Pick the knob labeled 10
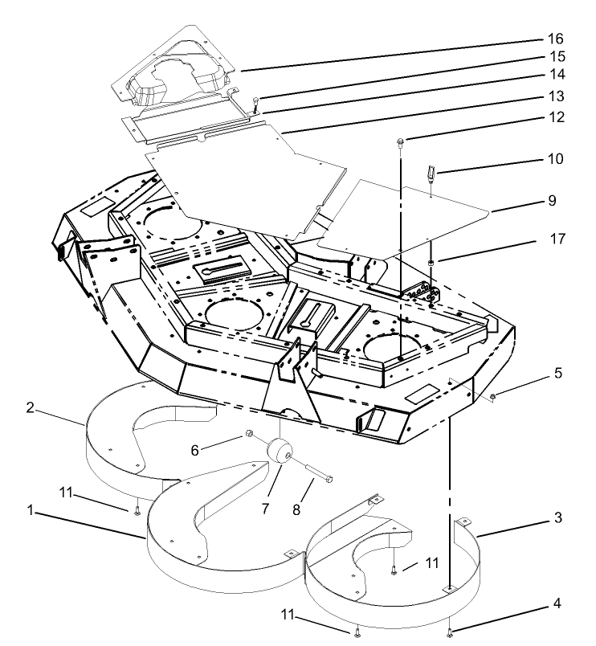point(431,172)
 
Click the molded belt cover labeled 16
point(177,72)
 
